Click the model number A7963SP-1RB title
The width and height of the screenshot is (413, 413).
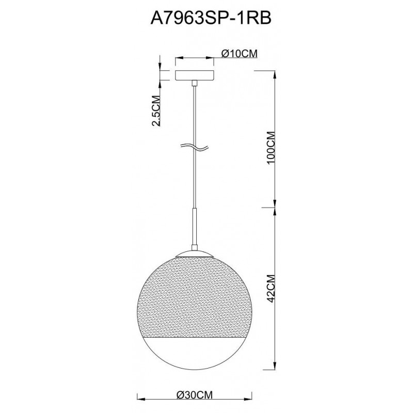tap(211, 19)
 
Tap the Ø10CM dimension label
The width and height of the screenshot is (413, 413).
tap(239, 54)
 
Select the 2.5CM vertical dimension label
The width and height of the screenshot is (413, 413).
tap(156, 110)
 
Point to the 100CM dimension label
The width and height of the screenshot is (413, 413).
tap(271, 148)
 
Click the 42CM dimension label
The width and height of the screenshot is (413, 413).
tap(271, 289)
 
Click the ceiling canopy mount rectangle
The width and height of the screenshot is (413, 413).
tap(195, 75)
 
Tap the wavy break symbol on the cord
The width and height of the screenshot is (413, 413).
tap(195, 148)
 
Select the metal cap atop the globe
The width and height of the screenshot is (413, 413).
tap(195, 253)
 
